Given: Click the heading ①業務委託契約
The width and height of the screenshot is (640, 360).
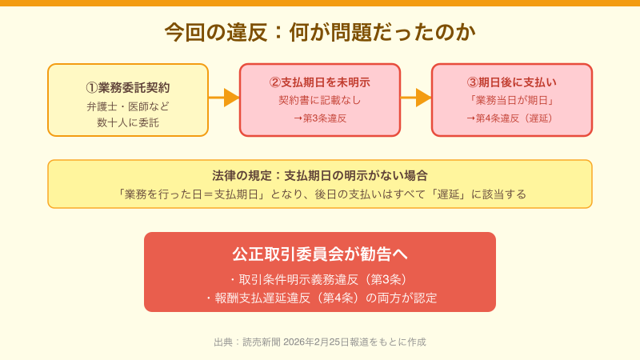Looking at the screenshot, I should point(128,87).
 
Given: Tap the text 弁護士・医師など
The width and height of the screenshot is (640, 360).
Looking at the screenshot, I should point(128,106).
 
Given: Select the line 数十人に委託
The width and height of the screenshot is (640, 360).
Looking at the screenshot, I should point(128,122).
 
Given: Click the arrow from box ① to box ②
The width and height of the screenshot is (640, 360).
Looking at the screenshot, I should point(224,98).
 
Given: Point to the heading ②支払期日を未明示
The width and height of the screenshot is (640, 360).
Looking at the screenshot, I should point(320,82).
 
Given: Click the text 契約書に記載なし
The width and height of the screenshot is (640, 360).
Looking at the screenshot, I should point(320,100).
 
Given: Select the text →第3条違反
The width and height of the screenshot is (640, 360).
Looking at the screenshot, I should point(320,118).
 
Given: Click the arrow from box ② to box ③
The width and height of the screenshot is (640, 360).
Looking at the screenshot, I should point(416,98).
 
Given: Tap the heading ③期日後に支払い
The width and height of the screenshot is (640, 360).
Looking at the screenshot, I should point(512,82).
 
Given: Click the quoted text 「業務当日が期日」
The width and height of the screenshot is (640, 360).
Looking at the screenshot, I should point(512,100).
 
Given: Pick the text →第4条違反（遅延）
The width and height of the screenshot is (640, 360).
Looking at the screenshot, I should point(512,118).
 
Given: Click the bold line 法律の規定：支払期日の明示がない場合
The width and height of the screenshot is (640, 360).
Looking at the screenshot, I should point(320,175).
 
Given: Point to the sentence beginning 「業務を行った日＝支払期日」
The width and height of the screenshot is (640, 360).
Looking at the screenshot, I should point(320,194).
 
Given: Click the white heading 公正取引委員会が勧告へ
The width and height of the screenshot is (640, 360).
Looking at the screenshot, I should point(320,254).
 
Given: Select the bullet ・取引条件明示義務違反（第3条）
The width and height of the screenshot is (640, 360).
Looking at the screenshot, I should point(320,279).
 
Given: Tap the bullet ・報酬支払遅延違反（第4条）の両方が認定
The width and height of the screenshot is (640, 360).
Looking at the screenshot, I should point(320,298).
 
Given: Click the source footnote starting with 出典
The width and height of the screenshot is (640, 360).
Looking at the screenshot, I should point(320,342).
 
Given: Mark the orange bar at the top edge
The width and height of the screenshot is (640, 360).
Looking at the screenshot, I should point(320,3).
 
